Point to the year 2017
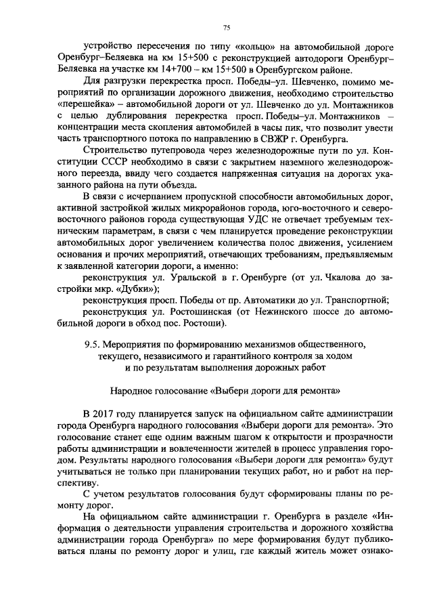104,413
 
